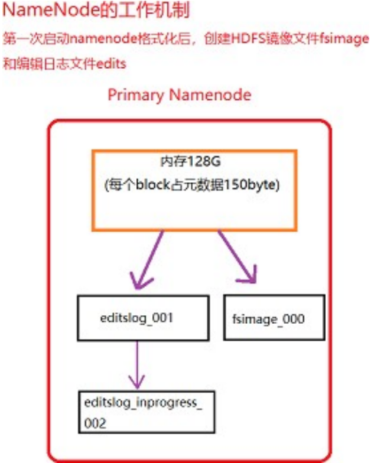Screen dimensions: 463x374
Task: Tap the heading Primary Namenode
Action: [179, 95]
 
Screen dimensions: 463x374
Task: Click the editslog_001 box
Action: [143, 318]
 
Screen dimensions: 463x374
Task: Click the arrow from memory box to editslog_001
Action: [149, 260]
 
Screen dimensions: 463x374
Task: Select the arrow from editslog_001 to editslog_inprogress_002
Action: [138, 363]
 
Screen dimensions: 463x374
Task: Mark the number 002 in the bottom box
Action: [96, 423]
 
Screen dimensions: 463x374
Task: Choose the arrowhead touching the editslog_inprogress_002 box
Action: [138, 382]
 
